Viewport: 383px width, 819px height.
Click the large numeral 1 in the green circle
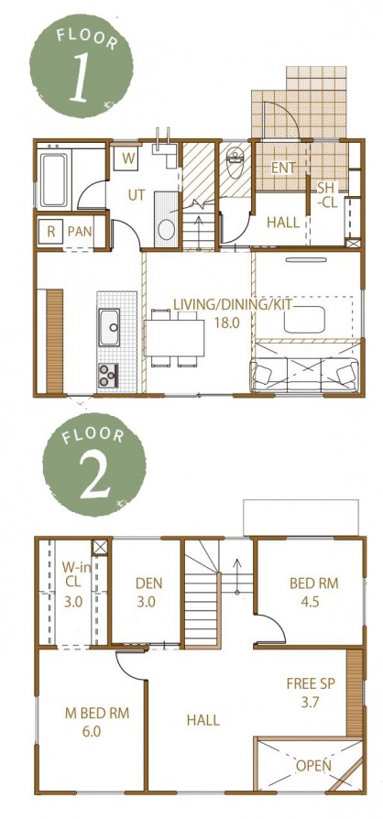[80, 76]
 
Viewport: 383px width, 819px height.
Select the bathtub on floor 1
[54, 180]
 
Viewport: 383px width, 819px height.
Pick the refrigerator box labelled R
[51, 232]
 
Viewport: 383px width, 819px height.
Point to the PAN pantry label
[80, 232]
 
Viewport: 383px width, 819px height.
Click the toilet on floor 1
[235, 162]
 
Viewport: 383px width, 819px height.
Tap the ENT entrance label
[284, 169]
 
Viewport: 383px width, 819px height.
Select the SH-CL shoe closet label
[328, 195]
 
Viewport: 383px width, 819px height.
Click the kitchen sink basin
[110, 327]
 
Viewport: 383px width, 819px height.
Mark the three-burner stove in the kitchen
[108, 375]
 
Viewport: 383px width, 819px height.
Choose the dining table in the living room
[175, 337]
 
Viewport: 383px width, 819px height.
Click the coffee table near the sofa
[304, 319]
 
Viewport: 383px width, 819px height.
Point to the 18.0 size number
[226, 322]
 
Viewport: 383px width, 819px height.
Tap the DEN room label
[149, 583]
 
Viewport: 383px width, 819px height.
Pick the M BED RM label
[97, 713]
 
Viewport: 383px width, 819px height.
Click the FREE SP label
[311, 682]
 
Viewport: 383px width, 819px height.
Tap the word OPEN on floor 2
[313, 766]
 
